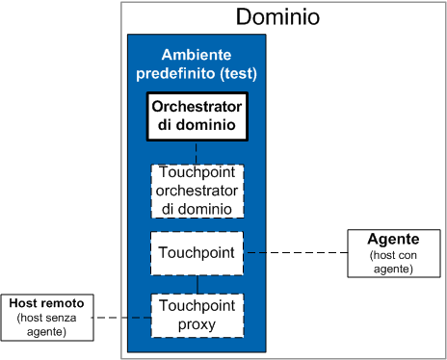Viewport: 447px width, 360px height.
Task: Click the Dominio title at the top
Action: click(277, 17)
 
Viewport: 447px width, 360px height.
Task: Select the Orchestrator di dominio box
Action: click(197, 116)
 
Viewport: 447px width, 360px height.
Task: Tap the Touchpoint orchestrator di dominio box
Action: click(197, 191)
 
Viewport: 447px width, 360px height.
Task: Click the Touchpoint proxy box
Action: click(197, 316)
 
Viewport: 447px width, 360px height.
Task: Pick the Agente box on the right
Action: click(394, 252)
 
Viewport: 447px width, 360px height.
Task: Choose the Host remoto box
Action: click(47, 317)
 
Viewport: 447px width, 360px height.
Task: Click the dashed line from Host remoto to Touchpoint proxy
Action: click(122, 318)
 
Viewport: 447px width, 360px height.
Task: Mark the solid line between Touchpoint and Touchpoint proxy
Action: click(197, 284)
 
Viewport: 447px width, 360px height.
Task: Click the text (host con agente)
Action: click(394, 261)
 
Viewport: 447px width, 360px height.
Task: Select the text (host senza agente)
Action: click(47, 324)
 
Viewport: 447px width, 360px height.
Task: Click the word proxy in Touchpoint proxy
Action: click(197, 325)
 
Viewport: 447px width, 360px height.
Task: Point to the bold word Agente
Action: click(394, 239)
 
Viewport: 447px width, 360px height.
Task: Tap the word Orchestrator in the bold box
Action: click(197, 106)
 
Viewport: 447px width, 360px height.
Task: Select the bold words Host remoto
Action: click(47, 303)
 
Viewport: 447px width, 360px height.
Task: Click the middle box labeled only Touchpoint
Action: click(197, 252)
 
